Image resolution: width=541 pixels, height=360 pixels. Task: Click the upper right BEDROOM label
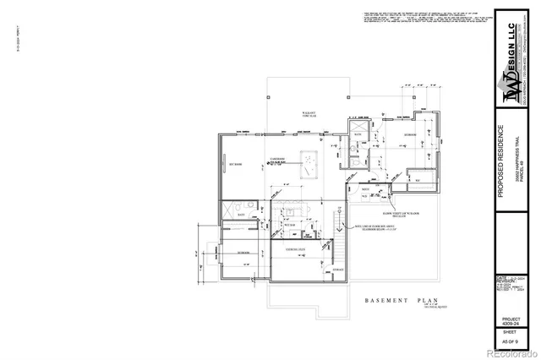[x=408, y=135]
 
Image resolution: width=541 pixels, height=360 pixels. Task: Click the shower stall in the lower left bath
[x=228, y=210]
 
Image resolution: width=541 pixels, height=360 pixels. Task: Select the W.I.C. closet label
[x=417, y=179]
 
